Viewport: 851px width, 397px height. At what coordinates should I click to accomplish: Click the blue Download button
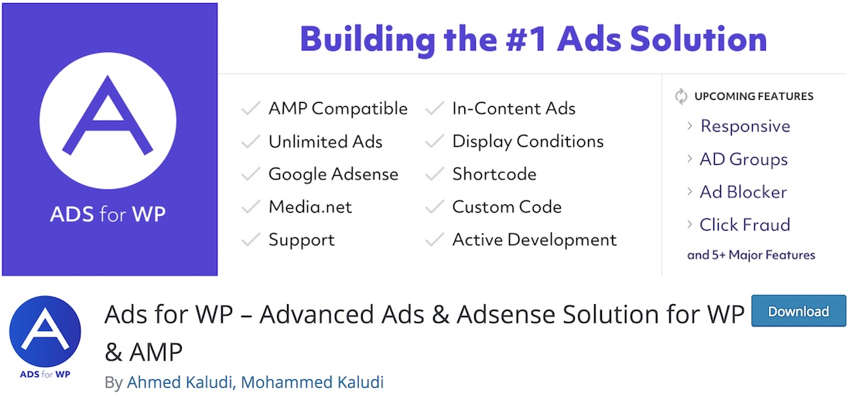click(x=798, y=311)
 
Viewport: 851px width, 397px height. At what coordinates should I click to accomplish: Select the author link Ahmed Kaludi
click(x=180, y=382)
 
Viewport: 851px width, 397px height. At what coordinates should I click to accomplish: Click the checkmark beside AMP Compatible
click(x=251, y=108)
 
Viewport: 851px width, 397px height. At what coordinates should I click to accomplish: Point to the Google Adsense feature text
click(x=333, y=174)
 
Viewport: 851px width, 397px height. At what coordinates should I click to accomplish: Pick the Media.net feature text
click(x=310, y=207)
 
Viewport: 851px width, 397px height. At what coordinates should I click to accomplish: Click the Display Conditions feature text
click(x=528, y=141)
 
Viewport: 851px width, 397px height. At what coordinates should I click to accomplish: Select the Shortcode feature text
click(x=494, y=174)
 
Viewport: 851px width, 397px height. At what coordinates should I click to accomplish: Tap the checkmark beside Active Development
click(x=436, y=239)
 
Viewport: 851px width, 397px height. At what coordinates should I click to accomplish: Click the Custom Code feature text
click(x=507, y=207)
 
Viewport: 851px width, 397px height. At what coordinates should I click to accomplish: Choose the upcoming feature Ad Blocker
click(x=743, y=192)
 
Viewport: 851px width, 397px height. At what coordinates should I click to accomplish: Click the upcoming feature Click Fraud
click(x=744, y=224)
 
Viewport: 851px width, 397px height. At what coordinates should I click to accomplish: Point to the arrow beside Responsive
click(x=690, y=126)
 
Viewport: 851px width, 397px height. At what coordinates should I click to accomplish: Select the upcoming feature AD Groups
click(x=743, y=159)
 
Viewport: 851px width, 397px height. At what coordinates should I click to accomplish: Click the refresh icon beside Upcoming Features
click(x=681, y=97)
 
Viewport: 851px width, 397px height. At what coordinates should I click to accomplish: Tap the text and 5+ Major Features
click(x=751, y=255)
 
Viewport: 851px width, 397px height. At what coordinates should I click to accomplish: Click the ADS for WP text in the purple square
click(x=108, y=214)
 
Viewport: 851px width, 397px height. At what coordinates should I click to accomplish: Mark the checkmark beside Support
click(x=251, y=239)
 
